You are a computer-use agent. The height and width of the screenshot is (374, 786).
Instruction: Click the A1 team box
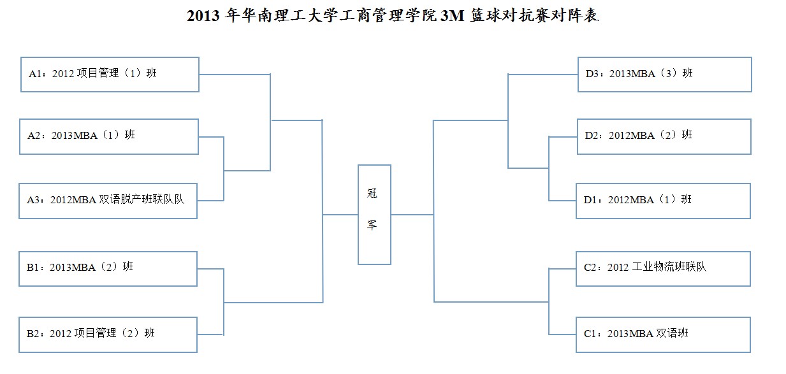[x=110, y=75]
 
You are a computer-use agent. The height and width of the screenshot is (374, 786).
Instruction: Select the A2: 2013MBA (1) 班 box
[x=109, y=136]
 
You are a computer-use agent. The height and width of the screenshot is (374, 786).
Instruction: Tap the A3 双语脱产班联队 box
[x=108, y=201]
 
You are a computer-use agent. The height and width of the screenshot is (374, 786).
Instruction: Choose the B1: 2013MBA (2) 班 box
[x=108, y=268]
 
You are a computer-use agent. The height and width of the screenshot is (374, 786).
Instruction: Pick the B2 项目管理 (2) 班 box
[x=108, y=334]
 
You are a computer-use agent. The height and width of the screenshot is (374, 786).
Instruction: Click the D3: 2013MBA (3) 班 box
[x=664, y=74]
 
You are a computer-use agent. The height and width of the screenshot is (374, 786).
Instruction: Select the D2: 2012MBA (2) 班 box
[x=664, y=136]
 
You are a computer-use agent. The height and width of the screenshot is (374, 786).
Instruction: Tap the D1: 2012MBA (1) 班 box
[x=663, y=201]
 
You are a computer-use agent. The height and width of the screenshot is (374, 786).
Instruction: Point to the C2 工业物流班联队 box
[x=663, y=268]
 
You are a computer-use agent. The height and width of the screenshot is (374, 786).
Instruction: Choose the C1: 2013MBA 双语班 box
[x=663, y=334]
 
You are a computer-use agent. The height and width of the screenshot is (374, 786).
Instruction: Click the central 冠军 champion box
[x=374, y=215]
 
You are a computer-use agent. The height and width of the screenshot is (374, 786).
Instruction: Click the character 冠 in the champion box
[x=372, y=194]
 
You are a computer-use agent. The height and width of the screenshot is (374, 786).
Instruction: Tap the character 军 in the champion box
[x=372, y=225]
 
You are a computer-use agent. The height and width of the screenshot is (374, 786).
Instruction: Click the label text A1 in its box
[x=35, y=74]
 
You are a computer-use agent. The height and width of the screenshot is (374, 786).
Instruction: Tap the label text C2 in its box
[x=590, y=268]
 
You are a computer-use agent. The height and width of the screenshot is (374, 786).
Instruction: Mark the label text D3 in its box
[x=592, y=74]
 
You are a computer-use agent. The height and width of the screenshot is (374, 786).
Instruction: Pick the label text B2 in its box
[x=33, y=333]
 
